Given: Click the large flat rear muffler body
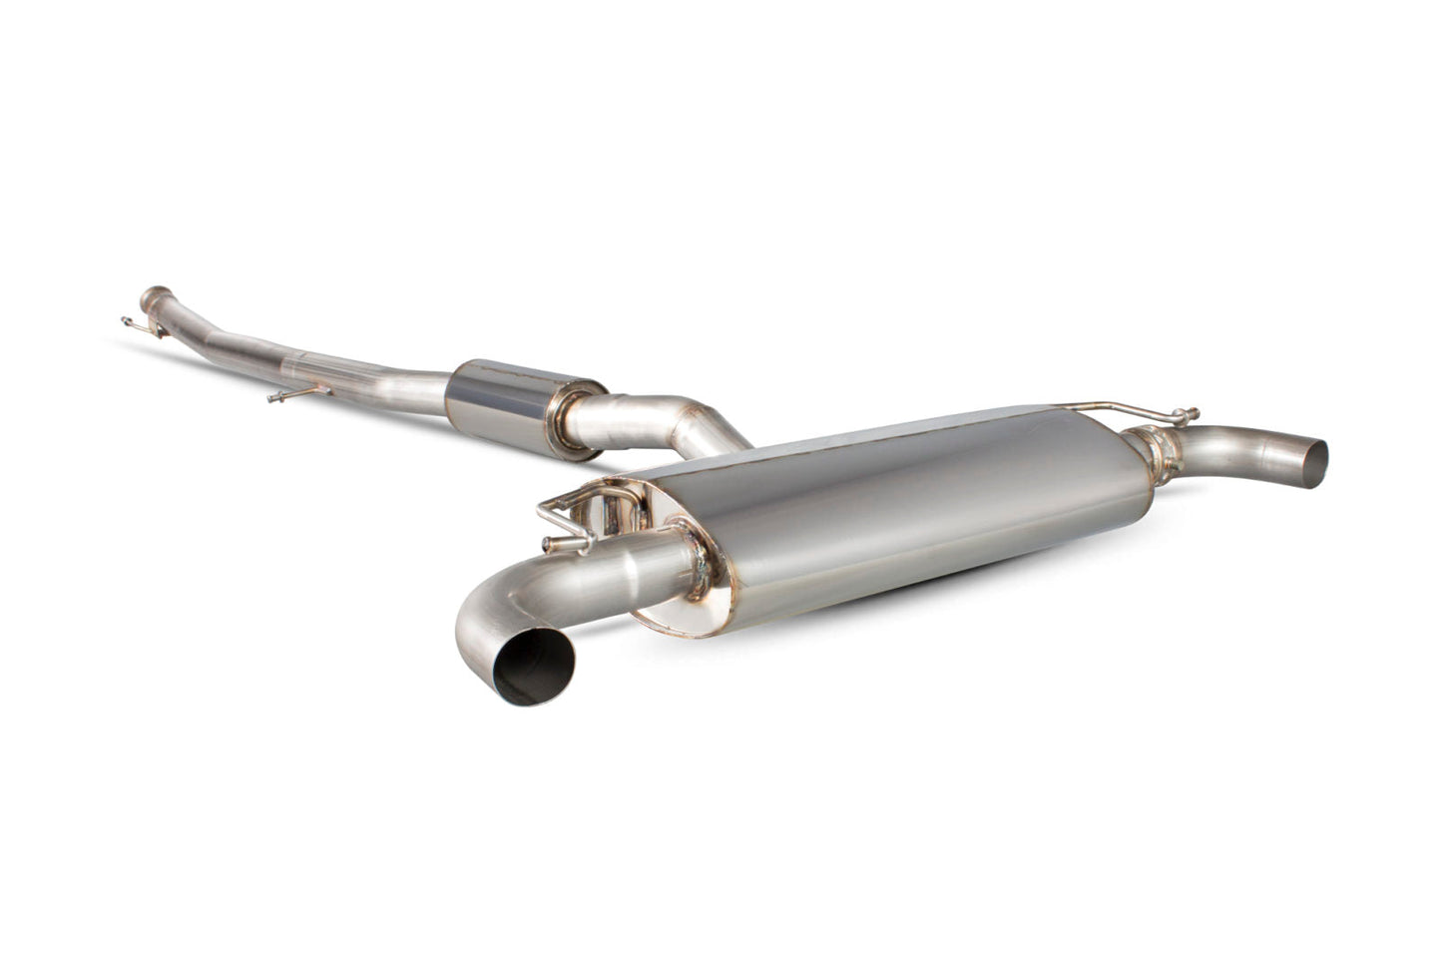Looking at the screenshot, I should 898,509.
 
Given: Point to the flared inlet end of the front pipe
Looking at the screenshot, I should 156,298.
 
